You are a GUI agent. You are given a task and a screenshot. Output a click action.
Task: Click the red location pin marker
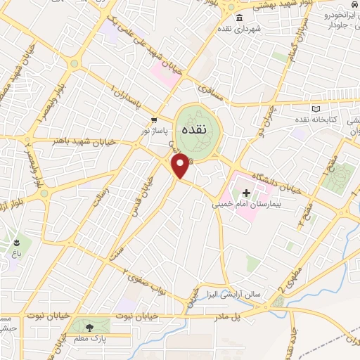point(181,167)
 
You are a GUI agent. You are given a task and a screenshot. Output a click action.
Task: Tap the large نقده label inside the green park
point(192,130)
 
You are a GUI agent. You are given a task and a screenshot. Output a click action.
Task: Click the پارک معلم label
point(89,340)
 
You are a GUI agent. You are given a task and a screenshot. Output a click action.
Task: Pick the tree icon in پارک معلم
point(89,328)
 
